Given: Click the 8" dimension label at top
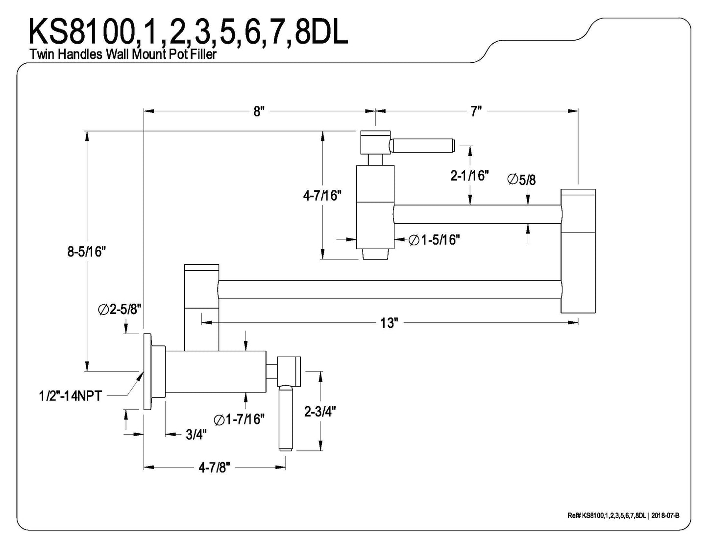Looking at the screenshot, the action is [259, 112].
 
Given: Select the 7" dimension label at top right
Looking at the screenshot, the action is [476, 111].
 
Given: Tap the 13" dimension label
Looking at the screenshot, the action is [390, 323].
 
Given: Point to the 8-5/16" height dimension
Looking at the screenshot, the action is [87, 252].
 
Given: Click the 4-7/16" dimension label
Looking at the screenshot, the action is [322, 196].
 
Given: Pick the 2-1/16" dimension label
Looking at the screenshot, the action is [469, 176].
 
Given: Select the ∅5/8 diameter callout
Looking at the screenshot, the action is [521, 180].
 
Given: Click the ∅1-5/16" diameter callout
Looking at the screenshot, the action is [434, 240].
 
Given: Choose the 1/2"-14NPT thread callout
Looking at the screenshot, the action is [71, 396].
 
